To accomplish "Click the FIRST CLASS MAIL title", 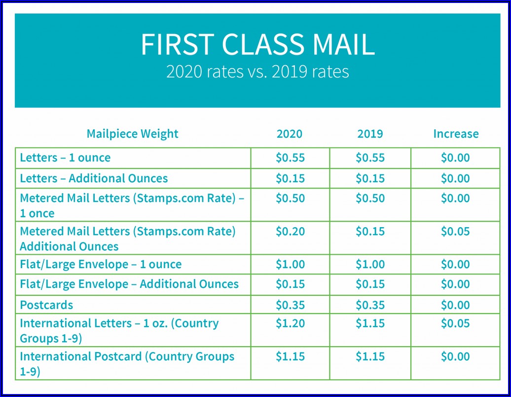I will (x=257, y=44).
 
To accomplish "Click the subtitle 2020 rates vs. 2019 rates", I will (x=257, y=72).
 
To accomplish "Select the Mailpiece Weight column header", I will (x=132, y=134).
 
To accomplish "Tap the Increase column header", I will (x=456, y=134).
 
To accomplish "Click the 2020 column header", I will (x=290, y=134).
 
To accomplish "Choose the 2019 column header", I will (x=370, y=134).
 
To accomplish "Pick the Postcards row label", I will (x=46, y=305).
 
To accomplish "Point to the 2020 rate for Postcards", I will (x=290, y=305).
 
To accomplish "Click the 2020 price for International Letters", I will (x=290, y=323).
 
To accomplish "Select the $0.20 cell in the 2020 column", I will (x=290, y=231).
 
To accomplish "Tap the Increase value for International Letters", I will (x=455, y=323).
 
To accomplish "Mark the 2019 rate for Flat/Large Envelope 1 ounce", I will (x=370, y=264).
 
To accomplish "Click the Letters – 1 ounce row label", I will (x=65, y=158).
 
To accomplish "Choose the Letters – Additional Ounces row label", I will (x=94, y=178).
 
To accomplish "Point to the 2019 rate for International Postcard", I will (x=370, y=357).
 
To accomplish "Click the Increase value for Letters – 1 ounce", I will (x=455, y=158).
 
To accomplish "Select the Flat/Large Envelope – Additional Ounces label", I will (x=129, y=284).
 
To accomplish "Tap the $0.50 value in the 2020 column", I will (x=290, y=198).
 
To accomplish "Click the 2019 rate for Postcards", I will (x=370, y=305).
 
